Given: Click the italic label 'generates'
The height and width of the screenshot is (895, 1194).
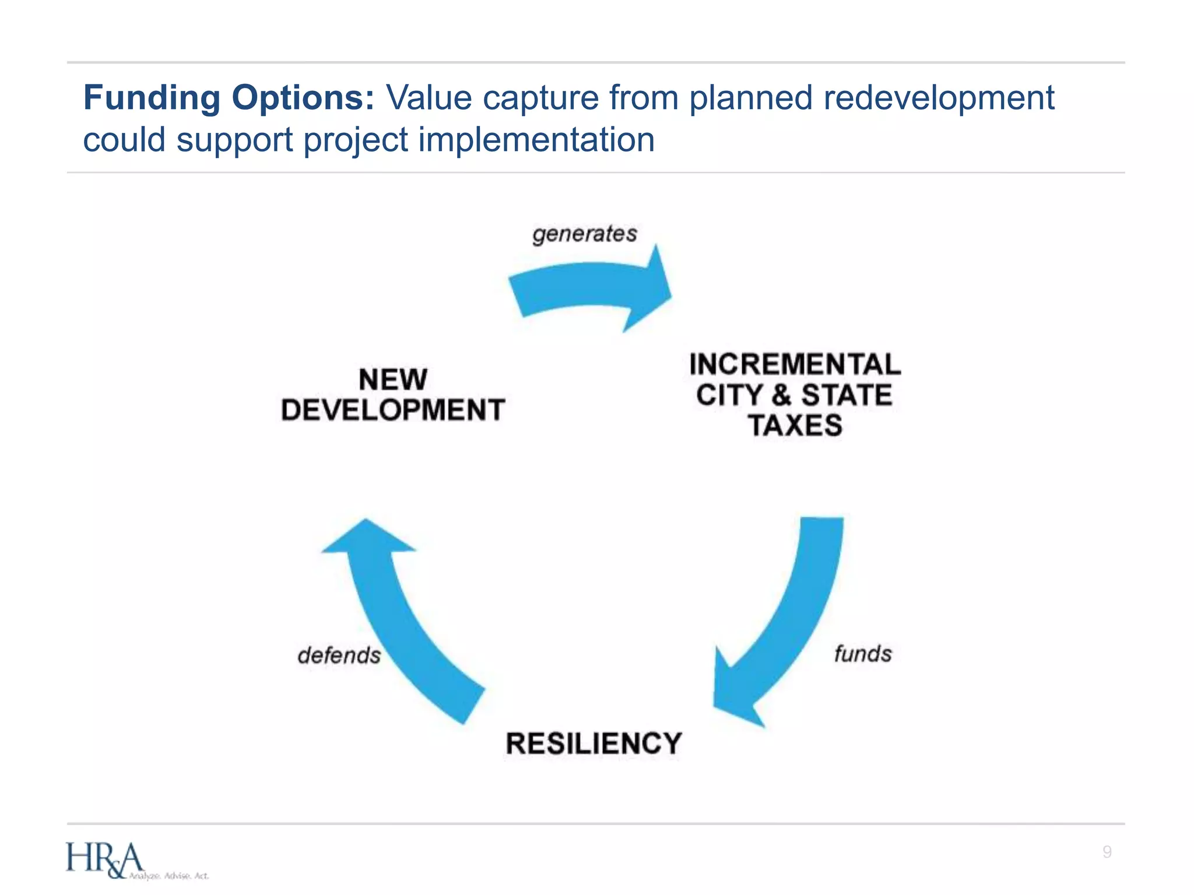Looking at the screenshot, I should pyautogui.click(x=584, y=234).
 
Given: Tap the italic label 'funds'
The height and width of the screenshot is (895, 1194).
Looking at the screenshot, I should pyautogui.click(x=862, y=654).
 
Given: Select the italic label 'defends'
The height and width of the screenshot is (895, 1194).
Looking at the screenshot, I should pyautogui.click(x=339, y=656).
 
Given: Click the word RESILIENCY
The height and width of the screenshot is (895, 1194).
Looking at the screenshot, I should pyautogui.click(x=594, y=744).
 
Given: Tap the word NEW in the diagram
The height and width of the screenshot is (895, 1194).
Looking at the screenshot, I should pyautogui.click(x=393, y=380).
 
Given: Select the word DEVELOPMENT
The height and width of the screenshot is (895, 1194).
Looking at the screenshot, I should pyautogui.click(x=393, y=410).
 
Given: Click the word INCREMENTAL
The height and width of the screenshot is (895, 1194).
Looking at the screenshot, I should pyautogui.click(x=795, y=365).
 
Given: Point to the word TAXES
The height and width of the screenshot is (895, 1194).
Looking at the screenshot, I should pyautogui.click(x=795, y=425).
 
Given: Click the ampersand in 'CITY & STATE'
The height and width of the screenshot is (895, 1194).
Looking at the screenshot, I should pyautogui.click(x=782, y=395).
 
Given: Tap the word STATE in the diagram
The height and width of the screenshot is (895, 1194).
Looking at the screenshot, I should pyautogui.click(x=847, y=395).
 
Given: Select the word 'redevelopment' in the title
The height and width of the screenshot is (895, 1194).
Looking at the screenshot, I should pyautogui.click(x=939, y=97).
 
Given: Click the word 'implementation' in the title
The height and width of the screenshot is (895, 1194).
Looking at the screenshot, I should pyautogui.click(x=536, y=140).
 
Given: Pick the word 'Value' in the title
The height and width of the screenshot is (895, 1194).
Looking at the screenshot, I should pyautogui.click(x=429, y=97).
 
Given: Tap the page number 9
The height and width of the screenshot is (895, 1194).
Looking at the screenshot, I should pyautogui.click(x=1107, y=852).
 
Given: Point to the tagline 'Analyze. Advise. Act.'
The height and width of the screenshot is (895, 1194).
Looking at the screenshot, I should pyautogui.click(x=168, y=876).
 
